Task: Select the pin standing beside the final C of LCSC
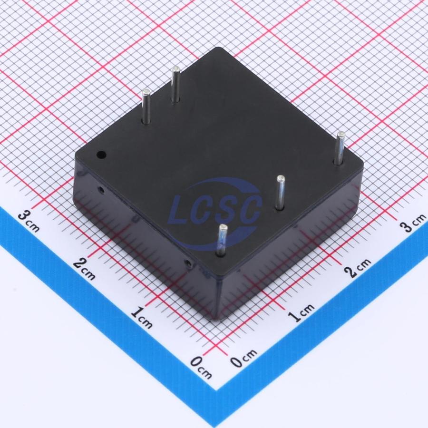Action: click(280, 193)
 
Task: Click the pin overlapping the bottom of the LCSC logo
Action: click(222, 240)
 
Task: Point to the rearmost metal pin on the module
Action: click(175, 85)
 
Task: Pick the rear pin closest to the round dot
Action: click(146, 106)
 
